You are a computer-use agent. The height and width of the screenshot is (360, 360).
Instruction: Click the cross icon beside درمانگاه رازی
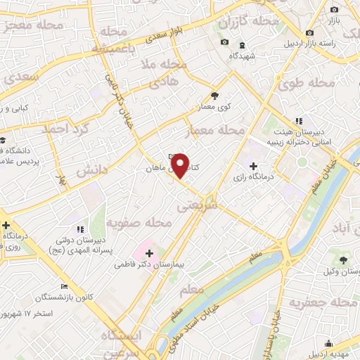click(x=253, y=165)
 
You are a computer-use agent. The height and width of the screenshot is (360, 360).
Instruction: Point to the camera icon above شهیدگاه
click(x=224, y=42)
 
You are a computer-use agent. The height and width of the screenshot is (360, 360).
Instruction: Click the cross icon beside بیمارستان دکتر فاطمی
click(x=149, y=252)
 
